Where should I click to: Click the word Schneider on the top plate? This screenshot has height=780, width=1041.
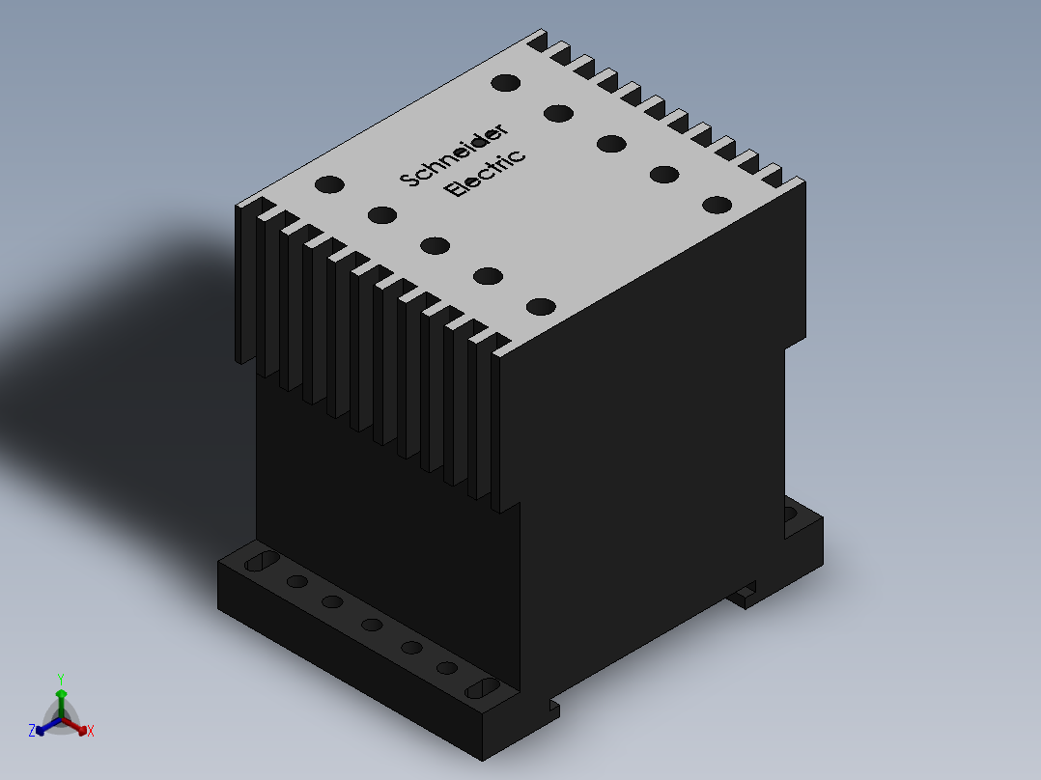pyautogui.click(x=455, y=154)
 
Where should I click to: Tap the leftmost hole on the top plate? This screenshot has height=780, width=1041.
pyautogui.click(x=329, y=183)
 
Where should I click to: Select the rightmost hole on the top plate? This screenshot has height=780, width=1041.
pyautogui.click(x=717, y=205)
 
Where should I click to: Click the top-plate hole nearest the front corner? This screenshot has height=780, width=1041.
pyautogui.click(x=541, y=307)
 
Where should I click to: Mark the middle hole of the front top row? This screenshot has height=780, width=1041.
pyautogui.click(x=435, y=245)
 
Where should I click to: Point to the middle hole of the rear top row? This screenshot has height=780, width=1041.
pyautogui.click(x=610, y=144)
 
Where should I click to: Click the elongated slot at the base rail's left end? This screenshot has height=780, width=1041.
pyautogui.click(x=261, y=563)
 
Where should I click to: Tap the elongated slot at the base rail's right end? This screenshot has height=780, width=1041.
pyautogui.click(x=482, y=687)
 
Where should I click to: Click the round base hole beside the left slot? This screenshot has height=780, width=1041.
pyautogui.click(x=297, y=582)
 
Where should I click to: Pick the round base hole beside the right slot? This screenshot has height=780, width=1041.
pyautogui.click(x=446, y=667)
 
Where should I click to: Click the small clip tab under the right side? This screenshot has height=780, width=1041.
pyautogui.click(x=745, y=597)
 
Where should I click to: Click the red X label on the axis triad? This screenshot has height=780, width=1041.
pyautogui.click(x=91, y=732)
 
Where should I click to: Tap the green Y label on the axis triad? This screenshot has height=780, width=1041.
pyautogui.click(x=61, y=679)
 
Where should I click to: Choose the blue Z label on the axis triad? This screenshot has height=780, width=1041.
pyautogui.click(x=32, y=732)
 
